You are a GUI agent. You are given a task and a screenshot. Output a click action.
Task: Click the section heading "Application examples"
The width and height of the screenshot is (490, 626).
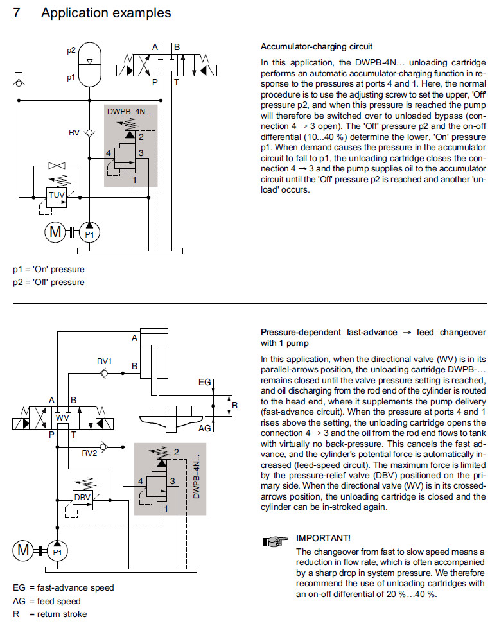point(106,13)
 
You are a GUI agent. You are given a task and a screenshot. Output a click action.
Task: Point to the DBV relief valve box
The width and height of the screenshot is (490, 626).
point(82,497)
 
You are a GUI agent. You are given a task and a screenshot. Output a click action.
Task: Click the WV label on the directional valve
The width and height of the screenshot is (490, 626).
point(62,418)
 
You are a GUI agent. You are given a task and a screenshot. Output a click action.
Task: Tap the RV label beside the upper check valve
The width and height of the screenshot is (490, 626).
point(74,133)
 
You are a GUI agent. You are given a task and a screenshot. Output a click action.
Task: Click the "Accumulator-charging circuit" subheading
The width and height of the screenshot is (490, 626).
point(317,47)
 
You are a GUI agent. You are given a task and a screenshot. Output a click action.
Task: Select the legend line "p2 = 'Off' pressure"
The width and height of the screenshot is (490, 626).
point(49,282)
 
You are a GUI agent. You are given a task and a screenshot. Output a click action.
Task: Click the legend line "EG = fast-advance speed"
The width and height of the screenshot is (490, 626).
point(63,587)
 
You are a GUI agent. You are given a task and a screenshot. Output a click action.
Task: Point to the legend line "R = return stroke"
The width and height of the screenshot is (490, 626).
point(49,614)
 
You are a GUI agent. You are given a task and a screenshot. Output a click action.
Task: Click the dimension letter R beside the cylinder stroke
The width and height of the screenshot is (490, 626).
point(235,405)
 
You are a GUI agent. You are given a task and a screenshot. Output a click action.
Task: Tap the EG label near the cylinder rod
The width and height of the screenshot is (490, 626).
point(205,383)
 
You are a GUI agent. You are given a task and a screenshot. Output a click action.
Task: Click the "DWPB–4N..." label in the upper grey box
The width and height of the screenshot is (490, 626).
point(131,111)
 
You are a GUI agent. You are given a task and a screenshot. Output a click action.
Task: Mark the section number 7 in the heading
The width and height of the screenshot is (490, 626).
point(18,13)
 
